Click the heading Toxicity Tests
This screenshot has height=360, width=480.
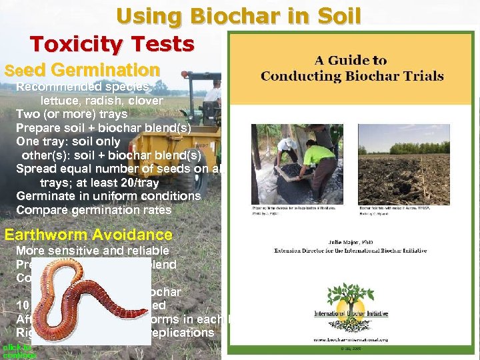tap(112, 44)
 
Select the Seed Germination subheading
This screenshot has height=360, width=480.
tap(82, 70)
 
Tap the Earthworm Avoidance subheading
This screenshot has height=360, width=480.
tap(89, 235)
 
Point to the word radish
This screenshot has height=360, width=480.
tap(106, 101)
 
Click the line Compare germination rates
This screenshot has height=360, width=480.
tap(93, 210)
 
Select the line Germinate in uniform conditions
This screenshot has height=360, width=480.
tap(108, 196)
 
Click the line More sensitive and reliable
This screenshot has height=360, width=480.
tap(93, 251)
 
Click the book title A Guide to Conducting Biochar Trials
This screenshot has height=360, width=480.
tap(352, 67)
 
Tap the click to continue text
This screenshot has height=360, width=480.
tap(19, 351)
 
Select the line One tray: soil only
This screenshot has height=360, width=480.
tap(68, 141)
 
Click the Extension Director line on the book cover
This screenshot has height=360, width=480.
tap(351, 251)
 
